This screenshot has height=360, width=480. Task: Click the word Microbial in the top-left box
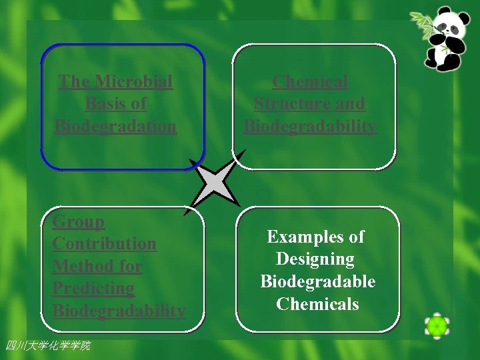(133, 82)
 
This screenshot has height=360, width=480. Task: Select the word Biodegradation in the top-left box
(115, 126)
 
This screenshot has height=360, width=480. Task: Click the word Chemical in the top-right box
(310, 82)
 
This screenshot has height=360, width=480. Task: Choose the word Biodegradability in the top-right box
(310, 126)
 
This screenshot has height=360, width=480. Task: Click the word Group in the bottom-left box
(79, 222)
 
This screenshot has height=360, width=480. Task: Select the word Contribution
(104, 244)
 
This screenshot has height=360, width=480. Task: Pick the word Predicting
(93, 289)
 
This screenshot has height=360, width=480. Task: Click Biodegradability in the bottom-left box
(119, 311)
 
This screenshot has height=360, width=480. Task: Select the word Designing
(315, 259)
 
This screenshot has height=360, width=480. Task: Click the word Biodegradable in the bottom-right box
(317, 281)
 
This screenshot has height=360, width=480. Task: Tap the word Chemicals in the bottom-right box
(317, 304)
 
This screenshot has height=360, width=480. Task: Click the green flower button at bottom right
(437, 326)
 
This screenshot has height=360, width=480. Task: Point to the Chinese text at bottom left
(47, 345)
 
